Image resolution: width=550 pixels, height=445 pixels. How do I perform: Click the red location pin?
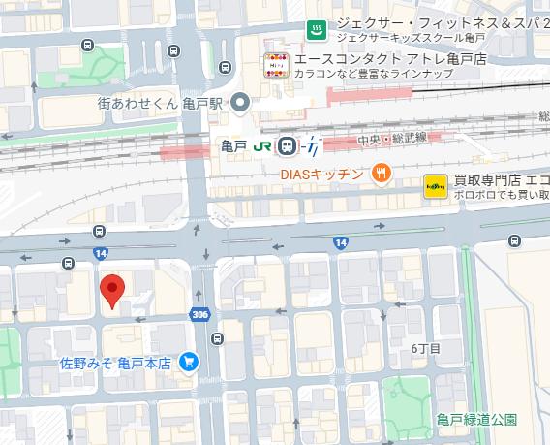click(x=113, y=290)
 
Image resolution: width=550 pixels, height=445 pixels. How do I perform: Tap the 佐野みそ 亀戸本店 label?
click(x=115, y=363)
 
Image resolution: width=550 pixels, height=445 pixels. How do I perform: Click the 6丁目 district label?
click(x=425, y=347)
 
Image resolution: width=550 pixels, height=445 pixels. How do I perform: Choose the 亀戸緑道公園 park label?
click(x=475, y=419)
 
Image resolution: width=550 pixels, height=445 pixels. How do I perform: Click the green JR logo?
click(x=261, y=145)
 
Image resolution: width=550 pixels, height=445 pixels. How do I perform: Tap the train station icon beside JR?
click(x=286, y=145)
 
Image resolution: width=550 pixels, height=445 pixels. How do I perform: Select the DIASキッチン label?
click(x=321, y=175)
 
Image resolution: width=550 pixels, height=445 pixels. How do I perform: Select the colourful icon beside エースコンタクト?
click(x=277, y=65)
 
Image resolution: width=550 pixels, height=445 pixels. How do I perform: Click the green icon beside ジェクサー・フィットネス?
click(x=316, y=29)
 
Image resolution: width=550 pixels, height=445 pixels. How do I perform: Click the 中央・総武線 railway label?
click(x=391, y=139)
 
